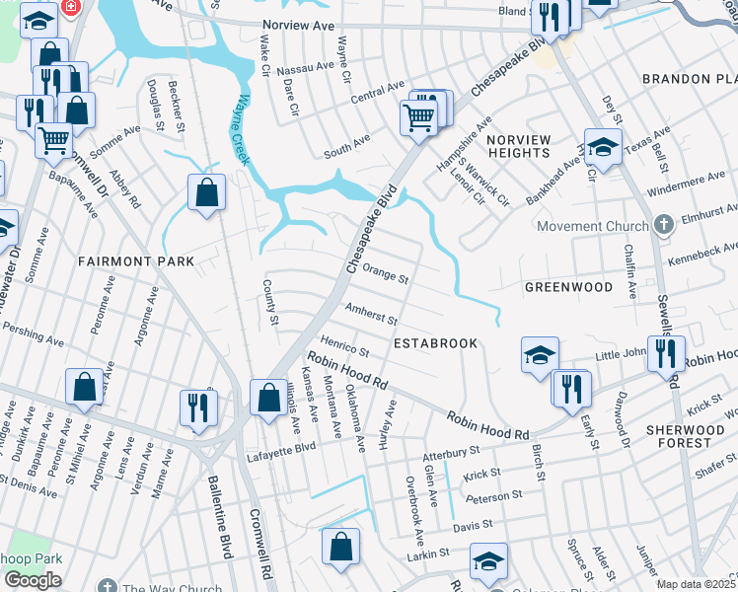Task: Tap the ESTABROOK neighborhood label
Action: click(x=435, y=343)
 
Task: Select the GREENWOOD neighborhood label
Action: click(x=567, y=287)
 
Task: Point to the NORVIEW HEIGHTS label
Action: click(x=518, y=146)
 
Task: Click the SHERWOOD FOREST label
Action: click(x=691, y=437)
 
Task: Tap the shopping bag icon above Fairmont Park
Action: click(x=206, y=194)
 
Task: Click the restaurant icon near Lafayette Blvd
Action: click(x=198, y=408)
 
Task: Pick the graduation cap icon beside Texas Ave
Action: click(x=602, y=148)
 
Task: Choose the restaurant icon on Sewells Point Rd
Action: click(x=666, y=353)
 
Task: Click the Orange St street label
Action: click(x=385, y=272)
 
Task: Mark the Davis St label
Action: click(x=472, y=528)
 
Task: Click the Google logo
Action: click(x=33, y=580)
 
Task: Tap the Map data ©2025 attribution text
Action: click(x=696, y=584)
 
